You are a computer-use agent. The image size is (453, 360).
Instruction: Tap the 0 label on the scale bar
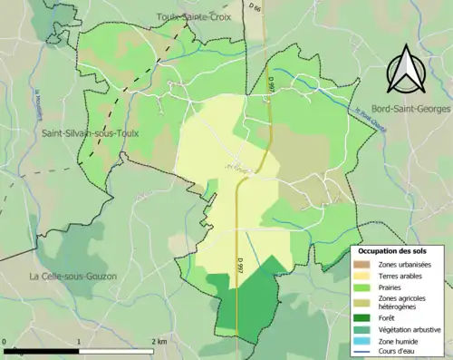[x=5, y=342]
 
